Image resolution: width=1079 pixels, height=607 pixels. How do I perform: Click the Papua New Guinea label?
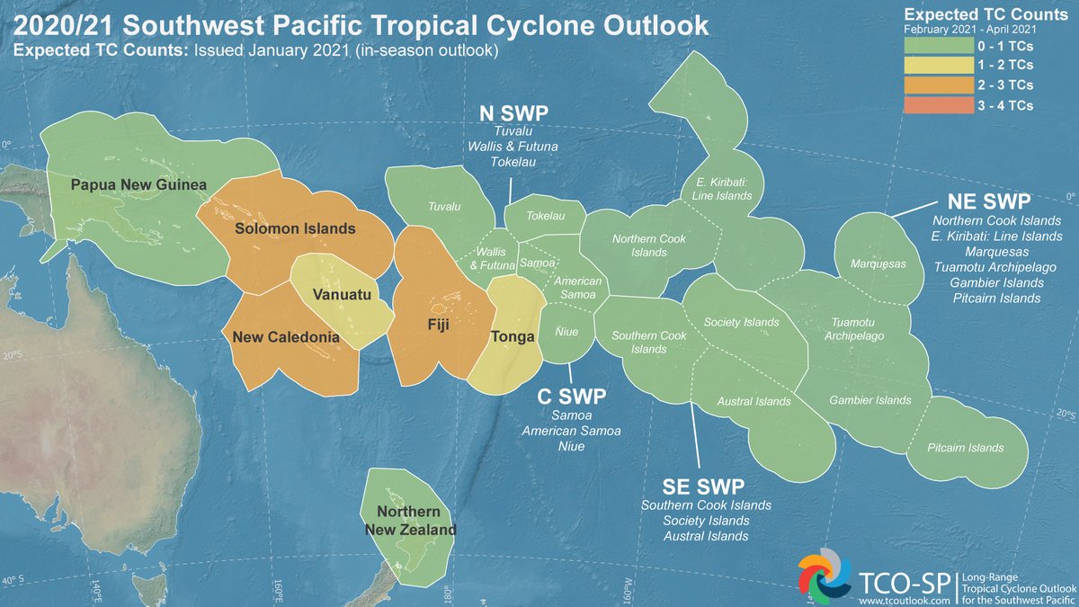(x=138, y=185)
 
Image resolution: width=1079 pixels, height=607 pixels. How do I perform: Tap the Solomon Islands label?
(x=295, y=228)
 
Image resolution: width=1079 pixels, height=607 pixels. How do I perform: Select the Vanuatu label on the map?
(x=337, y=295)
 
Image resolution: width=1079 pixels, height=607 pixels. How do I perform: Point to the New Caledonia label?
(x=285, y=337)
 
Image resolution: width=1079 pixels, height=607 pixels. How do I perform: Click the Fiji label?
(x=437, y=322)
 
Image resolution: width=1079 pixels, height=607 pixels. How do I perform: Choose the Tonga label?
(x=513, y=337)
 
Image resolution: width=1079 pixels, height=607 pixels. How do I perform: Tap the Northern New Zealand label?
(x=410, y=522)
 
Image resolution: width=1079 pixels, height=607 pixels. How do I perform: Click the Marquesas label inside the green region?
(x=878, y=264)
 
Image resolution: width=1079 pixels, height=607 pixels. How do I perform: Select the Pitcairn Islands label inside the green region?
(x=966, y=448)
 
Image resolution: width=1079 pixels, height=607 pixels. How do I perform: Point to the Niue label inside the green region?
(x=566, y=332)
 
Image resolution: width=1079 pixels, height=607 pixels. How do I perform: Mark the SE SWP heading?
(x=703, y=486)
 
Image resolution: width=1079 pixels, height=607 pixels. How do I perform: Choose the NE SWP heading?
(x=987, y=200)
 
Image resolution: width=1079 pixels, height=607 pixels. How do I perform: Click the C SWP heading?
(x=572, y=397)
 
